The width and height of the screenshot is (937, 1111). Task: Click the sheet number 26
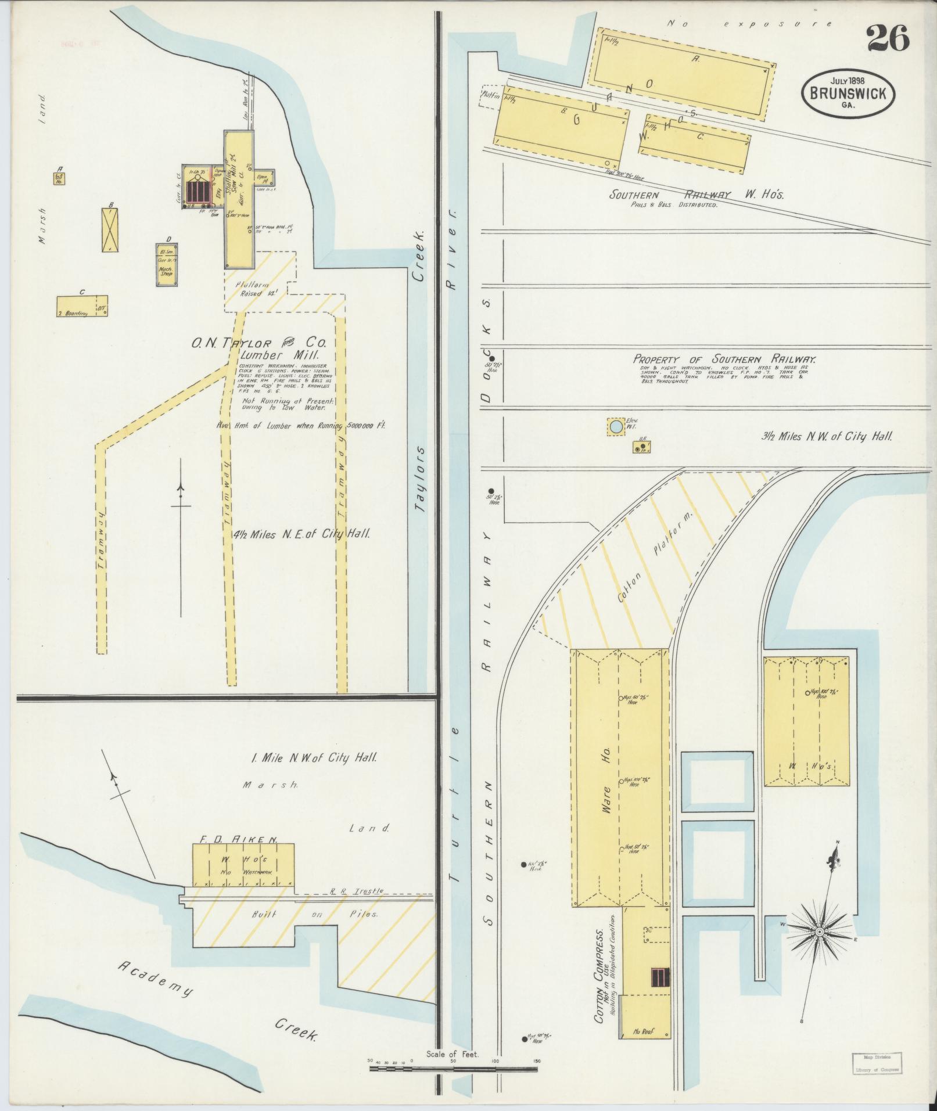tap(888, 39)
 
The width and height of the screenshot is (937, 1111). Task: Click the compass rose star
tap(819, 932)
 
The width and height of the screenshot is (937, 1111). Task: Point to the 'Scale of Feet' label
tap(452, 1052)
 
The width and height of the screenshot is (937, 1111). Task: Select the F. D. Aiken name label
tap(239, 839)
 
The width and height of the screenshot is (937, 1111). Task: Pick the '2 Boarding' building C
tap(81, 306)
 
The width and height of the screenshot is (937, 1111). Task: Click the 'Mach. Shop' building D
tap(167, 265)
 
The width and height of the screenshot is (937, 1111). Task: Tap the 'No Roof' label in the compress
tap(644, 1031)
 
